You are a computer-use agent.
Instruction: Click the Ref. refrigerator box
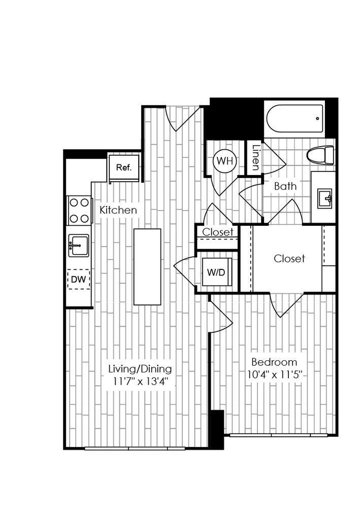click(x=124, y=168)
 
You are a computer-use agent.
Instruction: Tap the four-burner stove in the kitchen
click(x=79, y=211)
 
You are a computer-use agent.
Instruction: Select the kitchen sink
click(x=78, y=246)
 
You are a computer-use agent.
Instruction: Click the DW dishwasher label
click(x=78, y=279)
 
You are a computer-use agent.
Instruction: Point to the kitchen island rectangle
click(x=147, y=267)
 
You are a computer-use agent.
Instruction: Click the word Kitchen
click(x=118, y=210)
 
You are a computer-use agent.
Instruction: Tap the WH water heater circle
click(x=224, y=161)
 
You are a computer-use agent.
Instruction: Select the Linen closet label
click(x=255, y=158)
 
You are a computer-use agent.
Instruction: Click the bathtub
click(x=294, y=119)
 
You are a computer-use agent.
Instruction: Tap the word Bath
click(x=285, y=186)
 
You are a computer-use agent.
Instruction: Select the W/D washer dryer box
click(x=216, y=271)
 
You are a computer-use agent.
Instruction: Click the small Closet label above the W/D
click(x=218, y=232)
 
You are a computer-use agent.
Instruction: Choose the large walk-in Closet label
click(x=289, y=258)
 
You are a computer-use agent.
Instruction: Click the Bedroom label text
click(x=274, y=362)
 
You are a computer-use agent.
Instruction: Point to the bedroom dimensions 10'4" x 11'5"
click(x=274, y=376)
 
